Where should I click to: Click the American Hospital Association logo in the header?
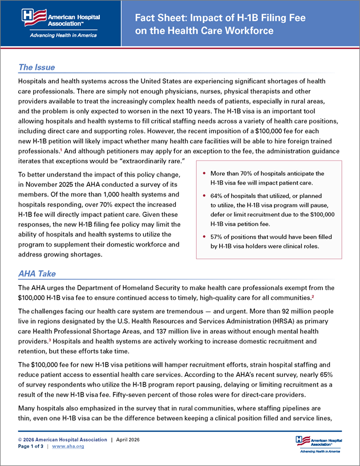(x=59, y=17)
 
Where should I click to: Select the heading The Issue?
(x=37, y=67)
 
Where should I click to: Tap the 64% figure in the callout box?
(x=217, y=195)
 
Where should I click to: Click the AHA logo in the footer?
(x=318, y=443)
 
